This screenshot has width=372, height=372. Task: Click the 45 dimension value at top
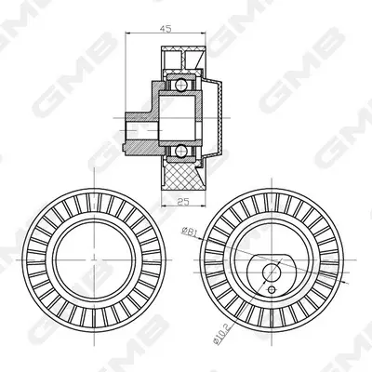point(166,29)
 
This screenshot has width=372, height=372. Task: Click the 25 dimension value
point(183,202)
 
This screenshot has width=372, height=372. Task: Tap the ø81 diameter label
point(189,232)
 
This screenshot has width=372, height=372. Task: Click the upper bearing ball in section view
point(180,85)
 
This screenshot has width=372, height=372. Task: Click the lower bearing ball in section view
point(180,151)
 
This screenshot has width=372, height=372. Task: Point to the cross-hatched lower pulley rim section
point(183,176)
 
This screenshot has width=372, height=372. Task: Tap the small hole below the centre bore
point(272,289)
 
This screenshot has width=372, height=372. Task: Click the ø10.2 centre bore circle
point(272,272)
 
